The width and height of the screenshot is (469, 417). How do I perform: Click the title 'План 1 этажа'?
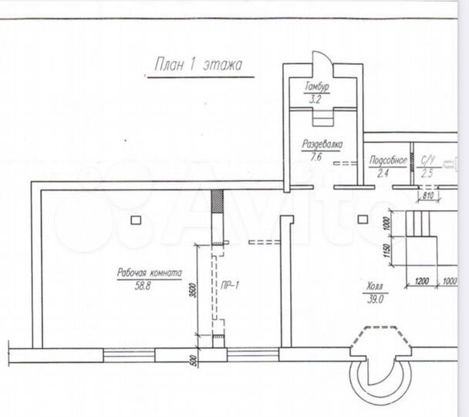198,65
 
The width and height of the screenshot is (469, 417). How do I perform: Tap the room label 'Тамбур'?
317,86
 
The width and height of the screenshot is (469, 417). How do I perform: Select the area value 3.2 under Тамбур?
315,99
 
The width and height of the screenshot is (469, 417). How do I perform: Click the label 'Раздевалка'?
322,144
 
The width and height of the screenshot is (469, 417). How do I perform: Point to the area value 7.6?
315,157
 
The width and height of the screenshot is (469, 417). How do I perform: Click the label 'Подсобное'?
388,161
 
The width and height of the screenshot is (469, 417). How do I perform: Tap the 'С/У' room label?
427,161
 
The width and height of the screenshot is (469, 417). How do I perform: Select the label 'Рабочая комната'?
149,273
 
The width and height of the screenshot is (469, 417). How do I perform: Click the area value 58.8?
143,286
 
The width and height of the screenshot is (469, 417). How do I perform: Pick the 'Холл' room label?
374,286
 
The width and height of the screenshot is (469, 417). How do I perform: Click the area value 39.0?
375,299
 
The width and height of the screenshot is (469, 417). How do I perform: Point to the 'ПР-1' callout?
230,286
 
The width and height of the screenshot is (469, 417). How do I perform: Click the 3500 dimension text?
193,290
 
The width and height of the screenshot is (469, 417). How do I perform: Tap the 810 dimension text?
429,196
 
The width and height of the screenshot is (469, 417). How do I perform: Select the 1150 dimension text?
387,252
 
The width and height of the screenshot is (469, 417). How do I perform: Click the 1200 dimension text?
422,281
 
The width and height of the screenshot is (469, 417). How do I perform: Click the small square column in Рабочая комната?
136,220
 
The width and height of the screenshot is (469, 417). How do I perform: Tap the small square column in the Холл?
363,219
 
